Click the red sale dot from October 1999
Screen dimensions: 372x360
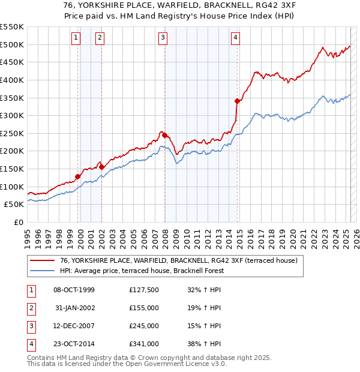click(x=77, y=176)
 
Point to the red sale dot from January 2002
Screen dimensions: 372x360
click(x=102, y=167)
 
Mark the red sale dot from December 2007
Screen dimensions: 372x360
click(x=164, y=135)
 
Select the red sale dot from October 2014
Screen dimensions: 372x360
click(x=238, y=101)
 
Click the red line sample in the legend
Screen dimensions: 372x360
click(x=41, y=260)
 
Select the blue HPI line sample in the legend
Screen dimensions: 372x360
click(x=41, y=271)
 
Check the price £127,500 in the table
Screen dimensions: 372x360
click(x=144, y=290)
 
